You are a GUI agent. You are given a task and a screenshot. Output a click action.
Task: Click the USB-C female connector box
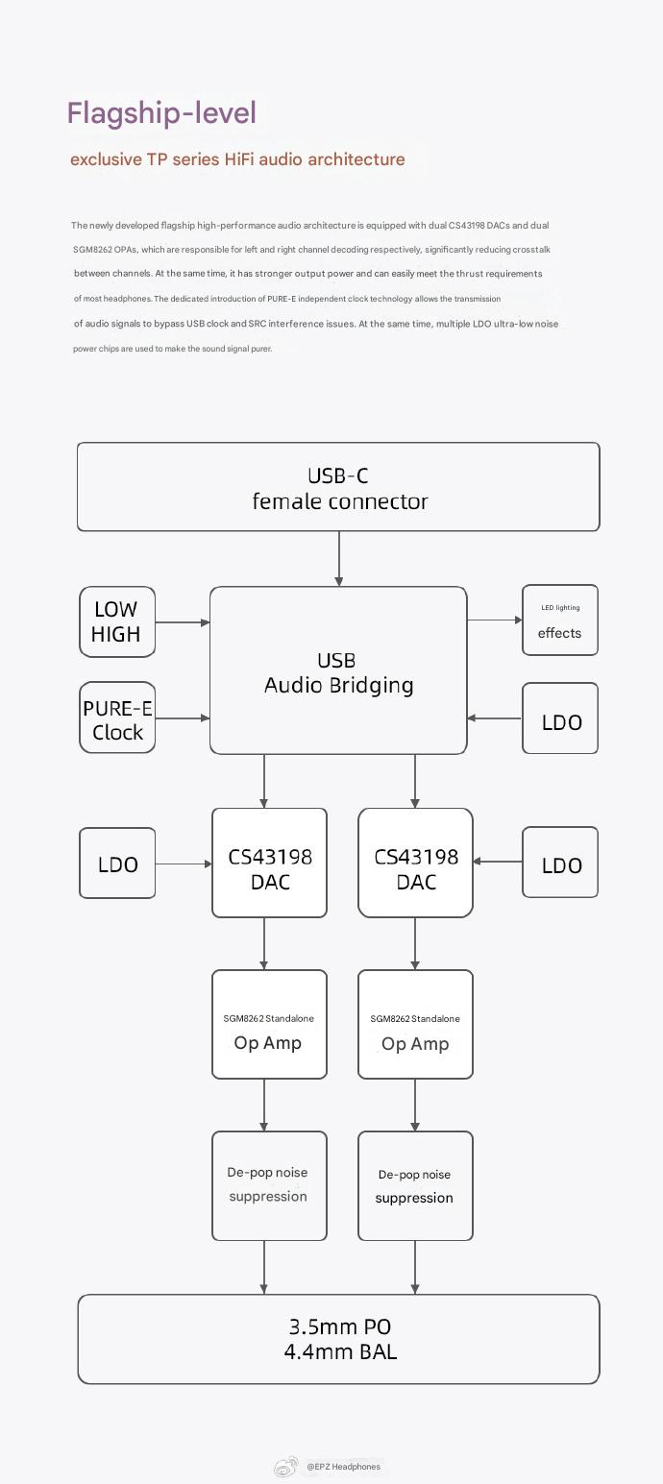338,487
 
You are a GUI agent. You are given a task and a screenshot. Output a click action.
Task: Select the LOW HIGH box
117,621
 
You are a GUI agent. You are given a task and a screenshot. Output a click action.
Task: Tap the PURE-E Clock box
117,718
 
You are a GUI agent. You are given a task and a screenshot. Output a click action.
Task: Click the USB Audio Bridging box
338,670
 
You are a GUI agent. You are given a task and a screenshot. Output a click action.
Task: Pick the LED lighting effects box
560,620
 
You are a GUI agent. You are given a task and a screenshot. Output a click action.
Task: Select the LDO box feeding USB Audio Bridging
560,718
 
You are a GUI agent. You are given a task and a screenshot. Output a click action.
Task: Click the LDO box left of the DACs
117,864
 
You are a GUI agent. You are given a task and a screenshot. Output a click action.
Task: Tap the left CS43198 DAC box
269,863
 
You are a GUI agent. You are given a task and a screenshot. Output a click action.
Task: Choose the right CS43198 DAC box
415,863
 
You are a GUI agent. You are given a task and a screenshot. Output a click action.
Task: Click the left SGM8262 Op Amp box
269,1024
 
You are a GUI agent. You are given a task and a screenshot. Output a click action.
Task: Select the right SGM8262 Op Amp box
415,1024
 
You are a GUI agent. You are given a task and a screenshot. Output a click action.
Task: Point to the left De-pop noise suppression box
269,1185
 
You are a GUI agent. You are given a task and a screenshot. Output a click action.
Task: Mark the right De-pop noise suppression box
415,1185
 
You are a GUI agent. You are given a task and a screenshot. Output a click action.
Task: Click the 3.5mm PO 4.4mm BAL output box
338,1339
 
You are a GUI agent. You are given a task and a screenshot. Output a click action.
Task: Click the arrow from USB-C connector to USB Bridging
338,558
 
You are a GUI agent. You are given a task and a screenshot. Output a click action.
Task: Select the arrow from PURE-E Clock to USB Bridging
183,718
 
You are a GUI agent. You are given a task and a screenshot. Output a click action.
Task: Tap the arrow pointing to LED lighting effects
494,620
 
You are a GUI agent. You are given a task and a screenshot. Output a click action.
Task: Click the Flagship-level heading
161,113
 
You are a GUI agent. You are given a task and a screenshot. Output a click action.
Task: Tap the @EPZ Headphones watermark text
343,1467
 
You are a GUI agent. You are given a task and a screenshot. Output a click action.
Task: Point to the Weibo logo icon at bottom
285,1467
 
